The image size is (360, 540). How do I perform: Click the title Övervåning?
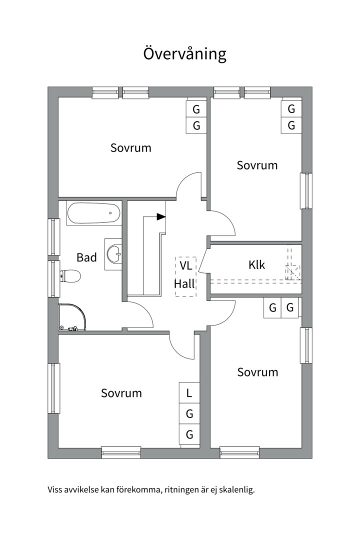coord(184,54)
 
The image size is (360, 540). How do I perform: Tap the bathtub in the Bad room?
coord(93,213)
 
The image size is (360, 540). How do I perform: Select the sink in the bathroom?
coord(114,254)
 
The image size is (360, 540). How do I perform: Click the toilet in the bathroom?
coord(70,275)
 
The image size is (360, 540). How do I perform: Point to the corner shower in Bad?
coord(72,317)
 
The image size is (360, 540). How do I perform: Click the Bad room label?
coord(86,257)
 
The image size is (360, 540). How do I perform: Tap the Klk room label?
coord(256,264)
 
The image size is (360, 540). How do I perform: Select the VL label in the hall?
coord(185,266)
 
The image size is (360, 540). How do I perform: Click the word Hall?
coord(184,283)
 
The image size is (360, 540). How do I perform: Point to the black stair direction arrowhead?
coord(161,216)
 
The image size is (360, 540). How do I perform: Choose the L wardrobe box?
coord(189,392)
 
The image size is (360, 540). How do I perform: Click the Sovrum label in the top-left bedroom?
coord(130,147)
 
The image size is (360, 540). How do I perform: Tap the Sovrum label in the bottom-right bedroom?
coord(257,372)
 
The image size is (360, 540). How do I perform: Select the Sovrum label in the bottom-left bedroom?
coord(121,393)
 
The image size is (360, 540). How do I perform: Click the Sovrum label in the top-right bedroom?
coord(257,165)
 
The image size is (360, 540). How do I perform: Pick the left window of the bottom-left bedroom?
coord(53,388)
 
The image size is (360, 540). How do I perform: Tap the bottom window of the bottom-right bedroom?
coord(239,452)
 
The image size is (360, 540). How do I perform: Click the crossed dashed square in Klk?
coord(293,272)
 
